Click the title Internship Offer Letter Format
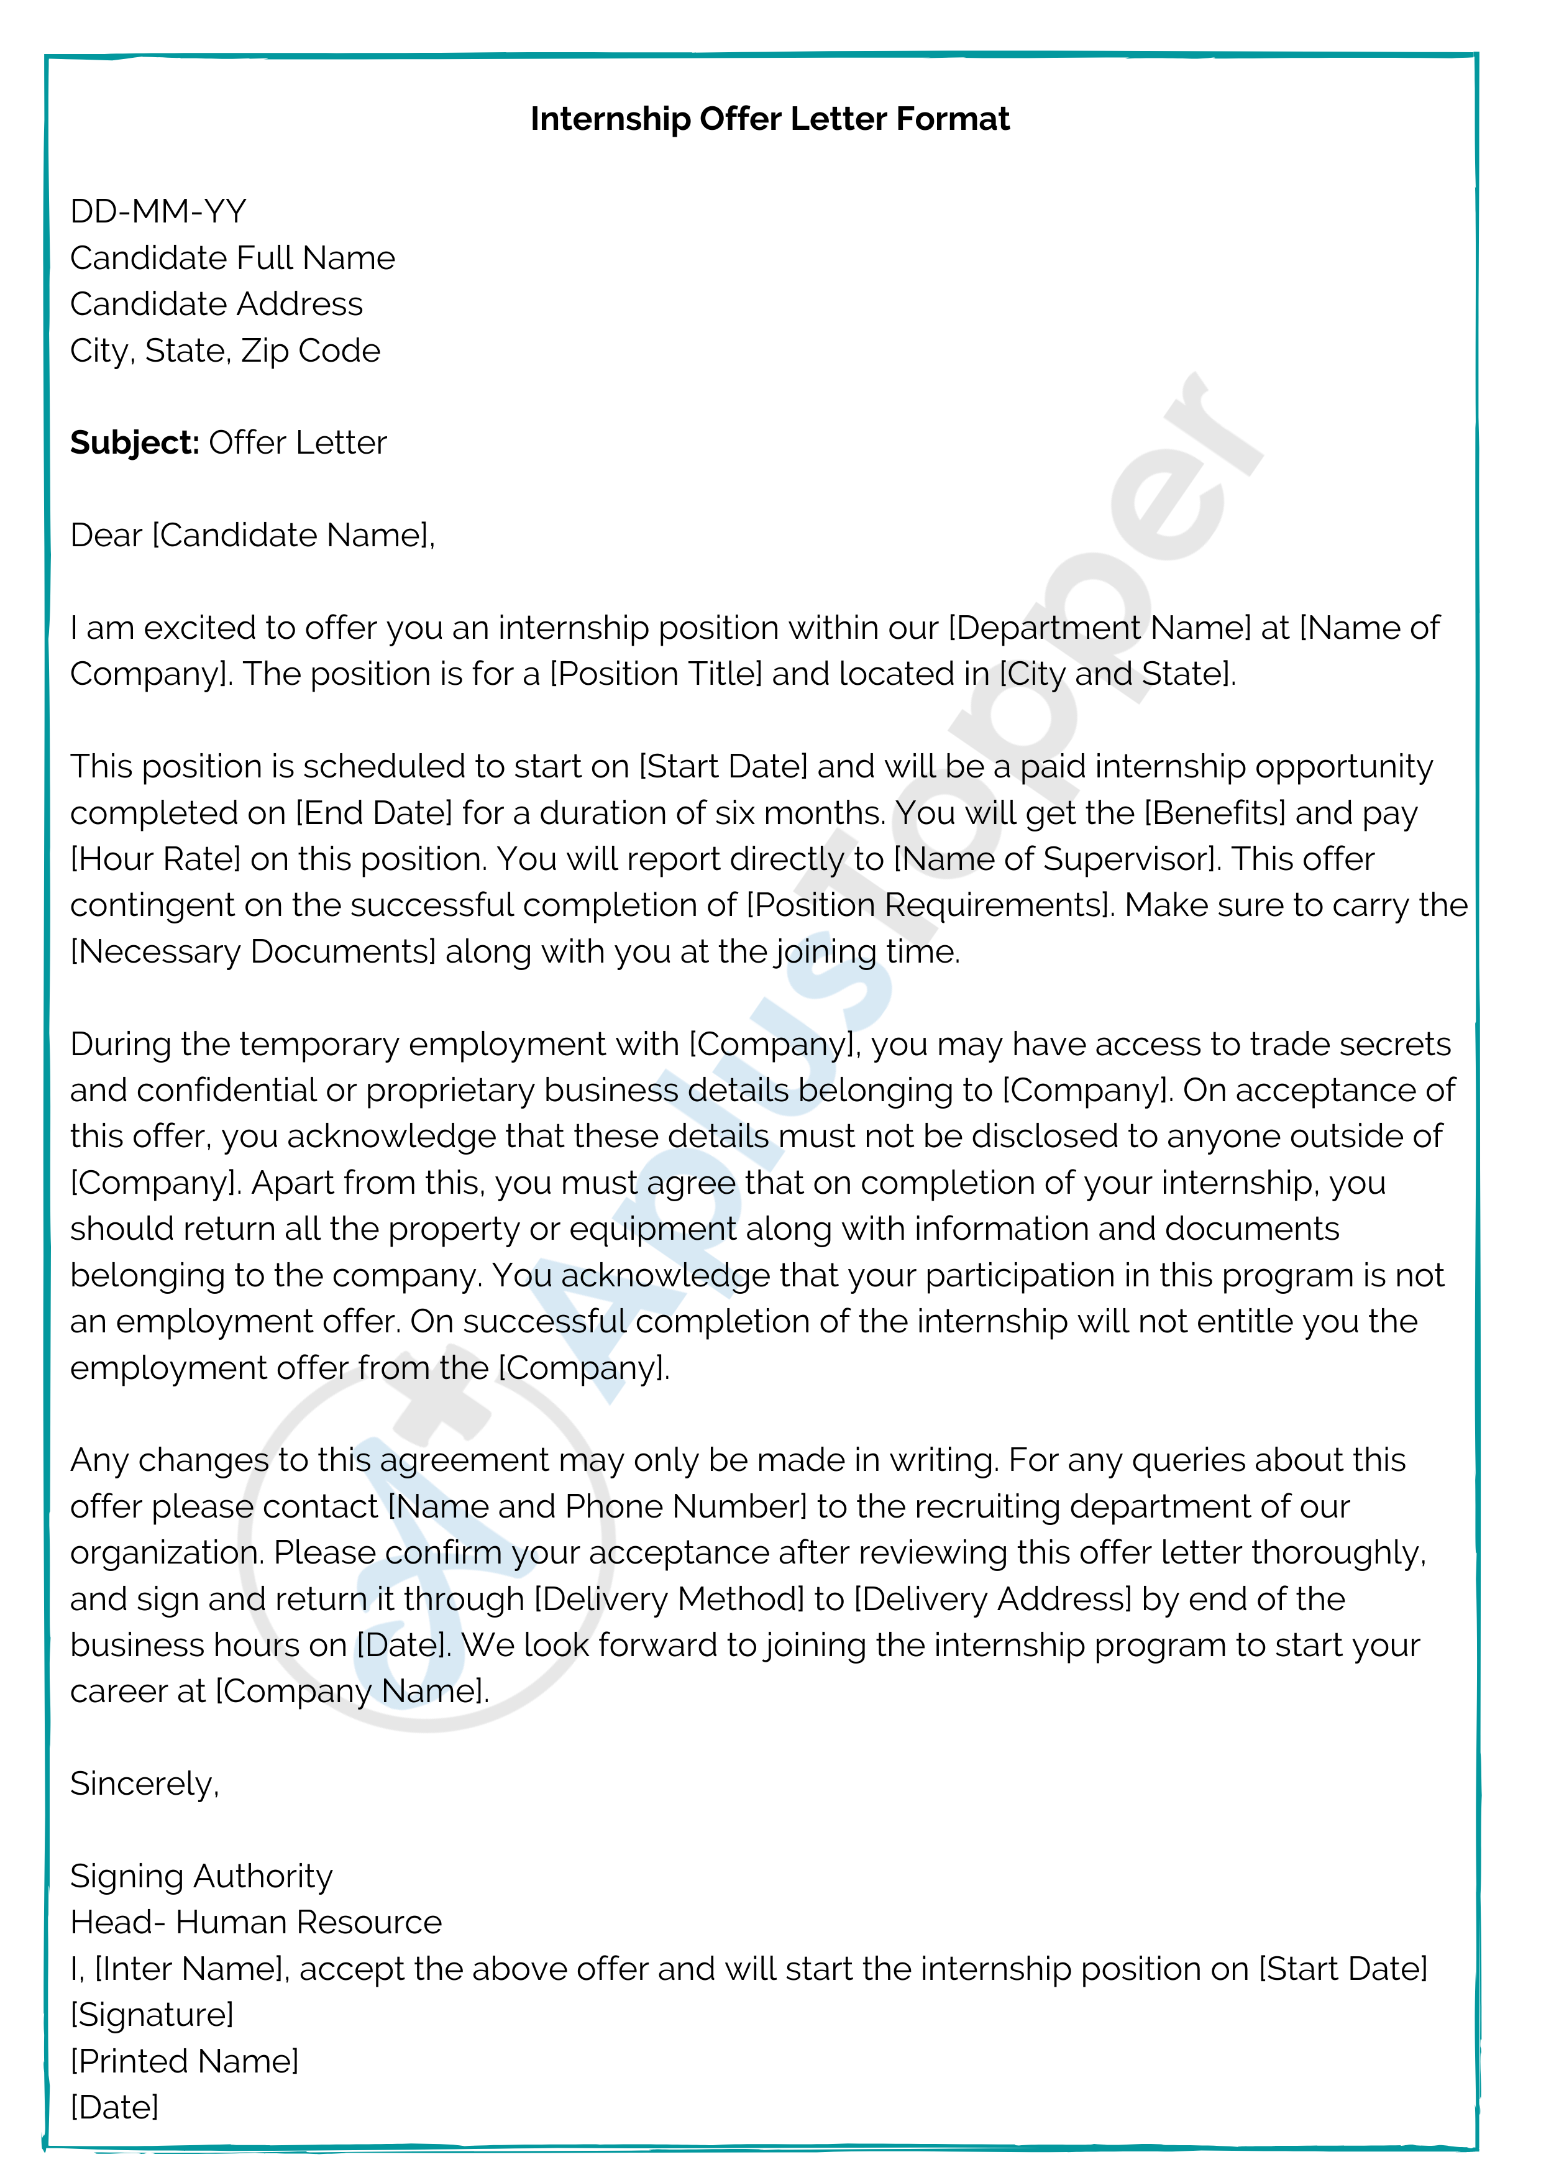click(x=769, y=119)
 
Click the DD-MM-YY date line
click(x=158, y=211)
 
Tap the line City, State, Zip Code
click(x=225, y=350)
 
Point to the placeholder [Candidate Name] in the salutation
click(x=291, y=536)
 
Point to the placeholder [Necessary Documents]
click(x=252, y=951)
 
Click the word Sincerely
click(x=142, y=1784)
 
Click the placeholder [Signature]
click(x=152, y=2015)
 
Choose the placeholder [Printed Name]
click(x=184, y=2061)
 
